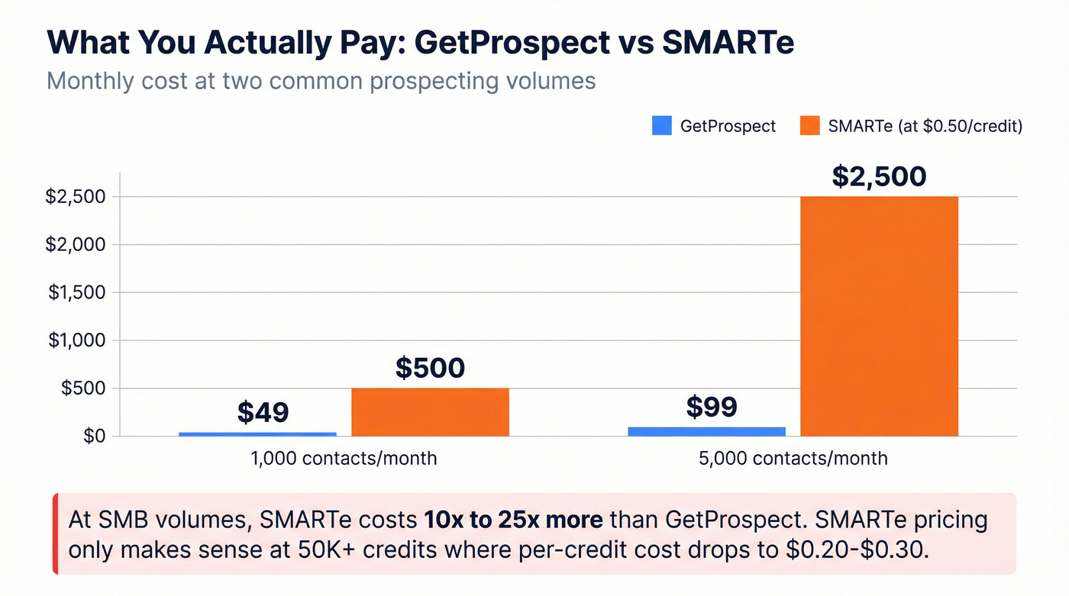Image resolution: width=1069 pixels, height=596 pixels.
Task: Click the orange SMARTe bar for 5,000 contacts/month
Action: (x=879, y=316)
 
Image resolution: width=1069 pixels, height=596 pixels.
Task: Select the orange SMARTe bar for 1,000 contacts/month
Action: (x=430, y=412)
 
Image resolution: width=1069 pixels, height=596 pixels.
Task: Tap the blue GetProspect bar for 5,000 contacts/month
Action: (x=706, y=431)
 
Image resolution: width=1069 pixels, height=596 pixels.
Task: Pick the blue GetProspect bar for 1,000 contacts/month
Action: (x=257, y=434)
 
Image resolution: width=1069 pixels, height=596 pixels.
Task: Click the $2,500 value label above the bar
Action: (x=879, y=176)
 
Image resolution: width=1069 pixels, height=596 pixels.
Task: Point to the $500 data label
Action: (x=430, y=368)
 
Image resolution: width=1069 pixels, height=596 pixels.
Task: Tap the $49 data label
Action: (x=263, y=412)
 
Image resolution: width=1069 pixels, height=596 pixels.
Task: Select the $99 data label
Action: (x=711, y=407)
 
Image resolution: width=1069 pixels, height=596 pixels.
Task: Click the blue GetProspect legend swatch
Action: (x=661, y=126)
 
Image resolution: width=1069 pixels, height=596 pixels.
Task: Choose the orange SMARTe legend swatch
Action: (x=809, y=126)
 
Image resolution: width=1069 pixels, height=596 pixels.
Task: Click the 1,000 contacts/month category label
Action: (x=344, y=459)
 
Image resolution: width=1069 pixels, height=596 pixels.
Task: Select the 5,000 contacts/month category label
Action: (x=793, y=459)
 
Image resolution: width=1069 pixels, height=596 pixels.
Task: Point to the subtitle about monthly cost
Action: (x=321, y=81)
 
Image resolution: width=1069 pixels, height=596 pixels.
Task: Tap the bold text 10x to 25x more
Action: (x=513, y=520)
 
